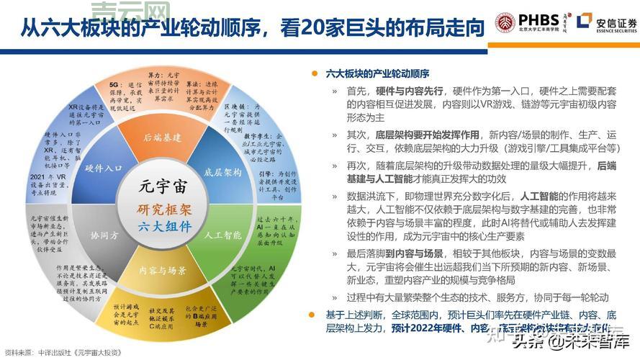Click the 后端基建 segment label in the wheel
click(161, 138)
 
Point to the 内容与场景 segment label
click(163, 270)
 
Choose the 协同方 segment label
click(105, 235)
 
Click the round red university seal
click(506, 22)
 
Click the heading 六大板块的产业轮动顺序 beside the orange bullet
click(377, 73)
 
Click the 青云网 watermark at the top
click(142, 10)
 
